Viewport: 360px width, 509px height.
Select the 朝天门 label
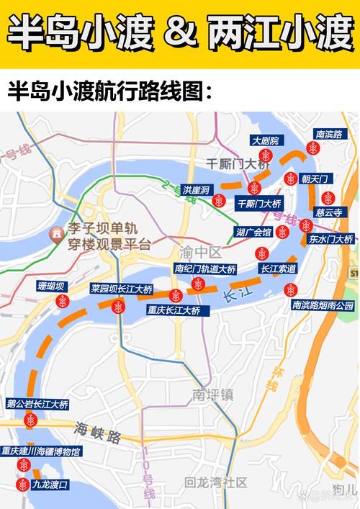314,179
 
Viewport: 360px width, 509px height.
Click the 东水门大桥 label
330,239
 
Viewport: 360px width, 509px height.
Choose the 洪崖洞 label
196,190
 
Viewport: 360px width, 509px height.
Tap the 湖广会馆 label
253,232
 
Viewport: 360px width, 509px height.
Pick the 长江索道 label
278,269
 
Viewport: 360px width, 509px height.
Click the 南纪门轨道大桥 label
205,269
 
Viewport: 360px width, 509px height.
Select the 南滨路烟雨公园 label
323,305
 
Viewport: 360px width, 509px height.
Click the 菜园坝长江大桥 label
121,289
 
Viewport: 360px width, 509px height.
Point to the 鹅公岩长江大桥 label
37,405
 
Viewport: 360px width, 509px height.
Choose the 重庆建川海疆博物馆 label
41,451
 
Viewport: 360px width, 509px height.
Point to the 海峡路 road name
95,431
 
